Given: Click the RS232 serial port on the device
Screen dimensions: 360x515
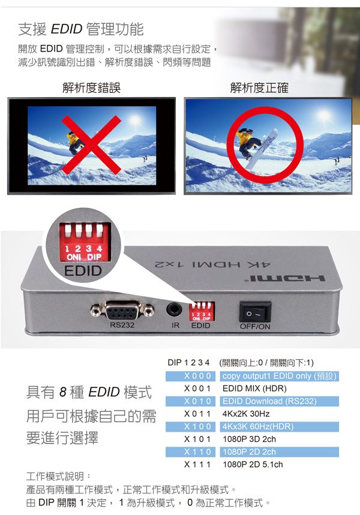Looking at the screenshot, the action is pyautogui.click(x=122, y=310).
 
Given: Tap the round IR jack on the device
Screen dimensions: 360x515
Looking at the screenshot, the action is pyautogui.click(x=174, y=309).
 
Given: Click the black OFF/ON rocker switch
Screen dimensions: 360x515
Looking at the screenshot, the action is pyautogui.click(x=255, y=311).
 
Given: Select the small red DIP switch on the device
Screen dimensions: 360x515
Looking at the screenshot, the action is pyautogui.click(x=202, y=311).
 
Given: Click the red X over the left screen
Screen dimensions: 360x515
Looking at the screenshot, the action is pyautogui.click(x=92, y=144).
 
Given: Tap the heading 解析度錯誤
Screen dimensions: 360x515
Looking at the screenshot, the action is pyautogui.click(x=91, y=88).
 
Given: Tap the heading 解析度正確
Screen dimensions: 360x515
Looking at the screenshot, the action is pyautogui.click(x=259, y=88).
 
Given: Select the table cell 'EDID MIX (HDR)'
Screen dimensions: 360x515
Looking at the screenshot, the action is pyautogui.click(x=254, y=388).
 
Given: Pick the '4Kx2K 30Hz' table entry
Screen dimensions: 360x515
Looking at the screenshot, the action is pyautogui.click(x=246, y=414).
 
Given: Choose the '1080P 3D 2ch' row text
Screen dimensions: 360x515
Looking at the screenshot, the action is pyautogui.click(x=249, y=439).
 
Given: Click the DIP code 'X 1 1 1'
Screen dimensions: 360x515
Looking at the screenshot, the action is pyautogui.click(x=197, y=465).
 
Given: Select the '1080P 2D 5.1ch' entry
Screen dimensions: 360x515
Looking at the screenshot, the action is pyautogui.click(x=253, y=465).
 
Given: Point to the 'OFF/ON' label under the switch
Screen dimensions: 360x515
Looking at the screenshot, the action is pyautogui.click(x=255, y=327).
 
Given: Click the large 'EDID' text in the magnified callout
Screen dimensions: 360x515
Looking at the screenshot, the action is pyautogui.click(x=83, y=271).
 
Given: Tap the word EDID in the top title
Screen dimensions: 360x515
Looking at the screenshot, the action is pyautogui.click(x=67, y=29).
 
